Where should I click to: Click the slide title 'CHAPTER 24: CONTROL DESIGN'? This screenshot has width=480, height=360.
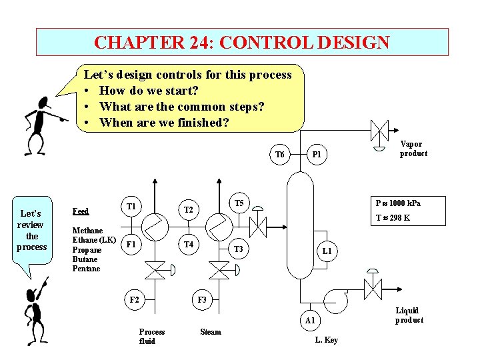[x=242, y=42]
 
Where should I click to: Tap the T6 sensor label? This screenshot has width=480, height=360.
[x=280, y=155]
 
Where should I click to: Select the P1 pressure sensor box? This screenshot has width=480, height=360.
[x=318, y=155]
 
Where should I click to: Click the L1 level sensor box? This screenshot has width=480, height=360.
[x=327, y=251]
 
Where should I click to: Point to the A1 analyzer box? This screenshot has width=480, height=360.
[x=310, y=321]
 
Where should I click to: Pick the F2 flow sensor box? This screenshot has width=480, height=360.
[x=134, y=300]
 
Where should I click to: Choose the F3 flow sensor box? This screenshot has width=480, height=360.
[x=202, y=300]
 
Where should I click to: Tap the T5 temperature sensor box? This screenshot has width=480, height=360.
[x=239, y=203]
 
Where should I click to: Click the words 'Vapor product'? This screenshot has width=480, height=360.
[x=413, y=149]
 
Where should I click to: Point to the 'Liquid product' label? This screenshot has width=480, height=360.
[x=408, y=315]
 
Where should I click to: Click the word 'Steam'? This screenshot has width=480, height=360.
[x=211, y=331]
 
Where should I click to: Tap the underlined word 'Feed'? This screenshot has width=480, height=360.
[x=80, y=211]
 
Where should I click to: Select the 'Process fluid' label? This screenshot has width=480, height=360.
[x=151, y=336]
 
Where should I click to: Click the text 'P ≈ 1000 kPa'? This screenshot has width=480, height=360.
[x=398, y=203]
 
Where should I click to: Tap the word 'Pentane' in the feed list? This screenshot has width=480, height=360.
[x=86, y=269]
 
